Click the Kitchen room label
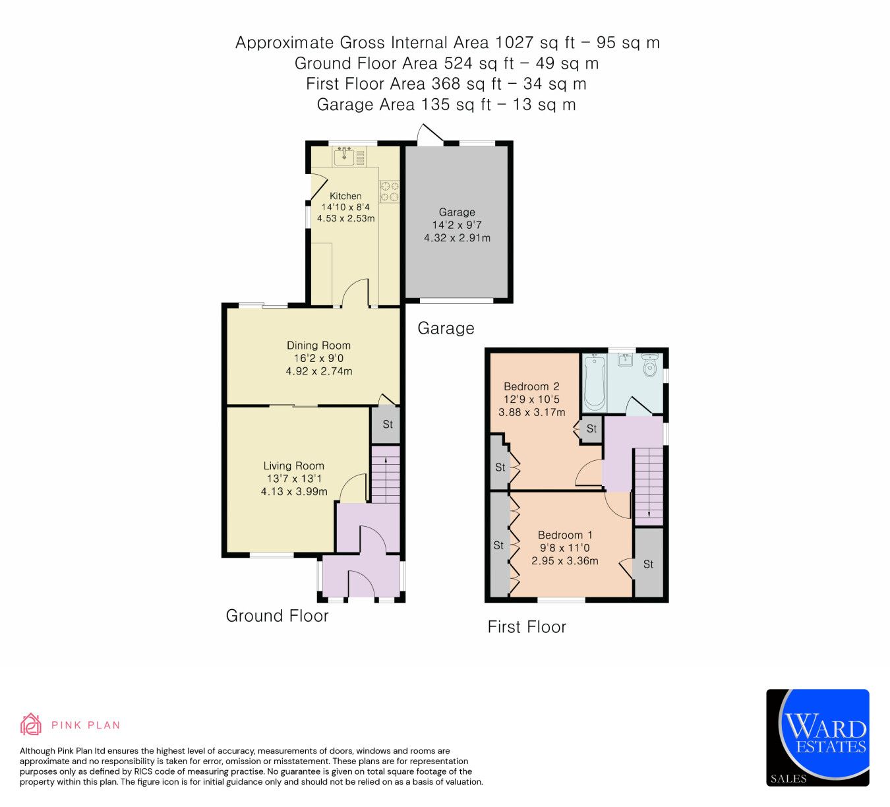tap(345, 196)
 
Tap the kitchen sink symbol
tap(343, 157)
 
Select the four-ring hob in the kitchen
tap(389, 191)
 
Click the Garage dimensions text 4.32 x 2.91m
tap(457, 237)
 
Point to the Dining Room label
tap(318, 345)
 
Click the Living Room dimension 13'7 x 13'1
tap(294, 479)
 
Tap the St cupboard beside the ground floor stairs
tap(387, 425)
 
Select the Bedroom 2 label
tap(531, 386)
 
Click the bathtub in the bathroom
tap(594, 382)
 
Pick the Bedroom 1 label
tap(565, 535)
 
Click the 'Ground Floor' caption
tap(277, 616)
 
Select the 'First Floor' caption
tap(527, 627)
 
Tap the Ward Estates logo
tap(817, 737)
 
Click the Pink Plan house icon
tap(30, 724)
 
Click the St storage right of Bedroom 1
tap(648, 564)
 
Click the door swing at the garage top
tap(429, 135)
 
